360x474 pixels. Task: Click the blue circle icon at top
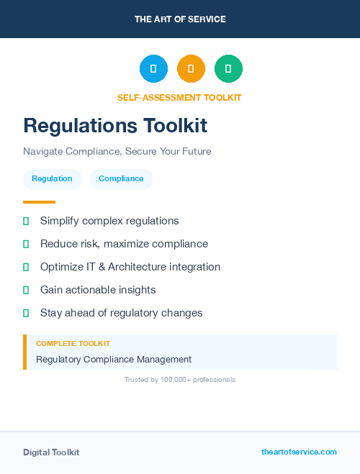tap(153, 69)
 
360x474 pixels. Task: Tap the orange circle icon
tap(191, 69)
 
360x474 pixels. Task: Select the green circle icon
tap(228, 69)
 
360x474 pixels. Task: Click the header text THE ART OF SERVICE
tap(180, 19)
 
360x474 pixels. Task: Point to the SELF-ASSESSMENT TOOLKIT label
tap(179, 98)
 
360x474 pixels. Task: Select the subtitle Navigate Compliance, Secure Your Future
tap(117, 152)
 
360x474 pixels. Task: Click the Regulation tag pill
tap(52, 178)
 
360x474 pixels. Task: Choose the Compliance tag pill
tap(121, 178)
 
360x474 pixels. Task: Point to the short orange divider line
tap(39, 202)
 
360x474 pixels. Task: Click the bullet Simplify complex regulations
tap(109, 221)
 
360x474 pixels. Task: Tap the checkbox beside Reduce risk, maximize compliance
tap(26, 245)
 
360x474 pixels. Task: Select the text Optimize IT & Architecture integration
tap(130, 267)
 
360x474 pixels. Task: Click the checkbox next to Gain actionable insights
tap(26, 291)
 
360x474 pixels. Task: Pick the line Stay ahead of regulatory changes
tap(122, 313)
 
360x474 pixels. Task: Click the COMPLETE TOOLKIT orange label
tap(73, 344)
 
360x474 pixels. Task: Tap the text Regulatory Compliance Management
tap(114, 359)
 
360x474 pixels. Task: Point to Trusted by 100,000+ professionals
tap(180, 379)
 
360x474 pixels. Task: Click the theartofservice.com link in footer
tap(299, 452)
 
